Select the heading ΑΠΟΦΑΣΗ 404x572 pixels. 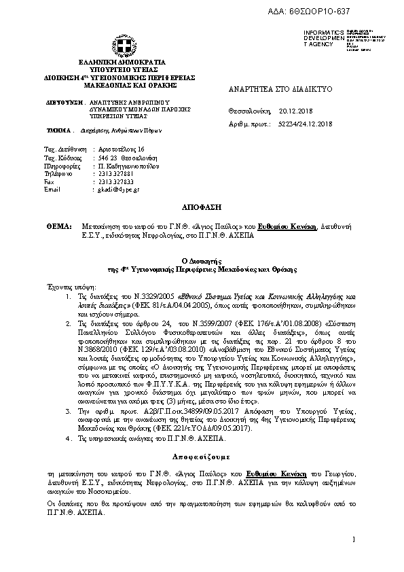tap(202, 205)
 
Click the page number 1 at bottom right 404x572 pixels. tap(354, 540)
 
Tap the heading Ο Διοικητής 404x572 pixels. tap(202, 260)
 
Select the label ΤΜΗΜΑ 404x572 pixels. tap(59, 129)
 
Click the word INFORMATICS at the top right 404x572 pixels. tap(319, 32)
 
